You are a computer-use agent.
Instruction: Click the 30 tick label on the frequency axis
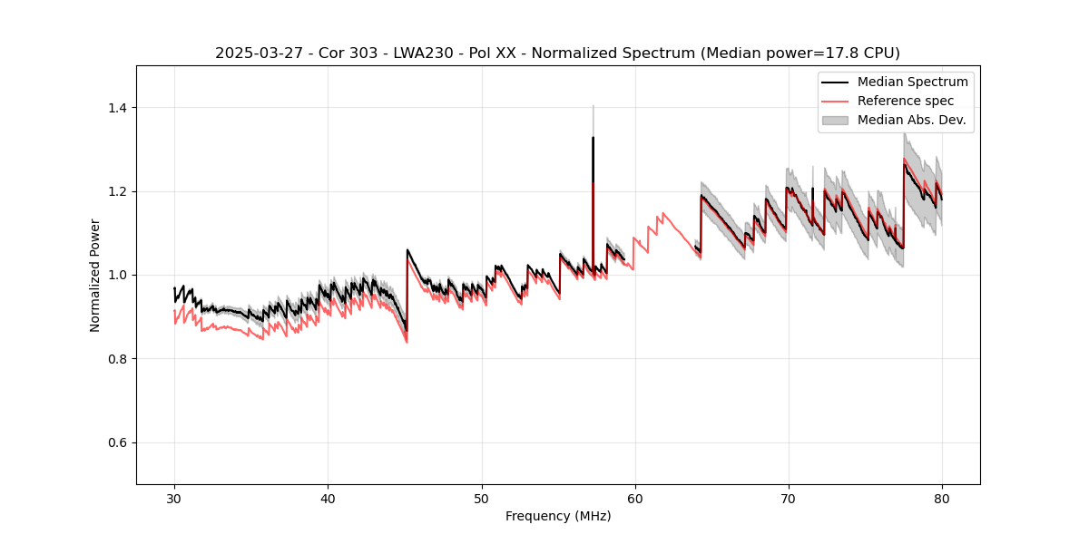click(x=174, y=498)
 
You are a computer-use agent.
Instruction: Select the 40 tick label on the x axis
click(x=328, y=498)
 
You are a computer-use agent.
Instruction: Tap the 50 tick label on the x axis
click(x=481, y=498)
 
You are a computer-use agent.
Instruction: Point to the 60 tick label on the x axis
click(x=635, y=498)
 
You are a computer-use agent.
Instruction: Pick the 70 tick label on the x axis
click(x=789, y=498)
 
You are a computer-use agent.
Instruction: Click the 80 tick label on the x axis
click(x=942, y=498)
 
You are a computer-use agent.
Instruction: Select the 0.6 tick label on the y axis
click(x=117, y=442)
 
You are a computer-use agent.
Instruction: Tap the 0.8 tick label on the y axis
click(x=117, y=359)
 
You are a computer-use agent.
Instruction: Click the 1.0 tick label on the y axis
click(x=117, y=275)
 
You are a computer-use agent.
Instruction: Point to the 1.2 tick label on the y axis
click(x=117, y=191)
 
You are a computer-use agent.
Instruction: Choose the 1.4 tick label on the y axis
click(x=117, y=108)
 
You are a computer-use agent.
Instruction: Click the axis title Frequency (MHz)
click(x=558, y=516)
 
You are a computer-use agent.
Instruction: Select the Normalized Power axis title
click(x=95, y=275)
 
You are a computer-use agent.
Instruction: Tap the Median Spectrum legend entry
click(x=912, y=82)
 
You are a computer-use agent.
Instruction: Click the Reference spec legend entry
click(x=906, y=101)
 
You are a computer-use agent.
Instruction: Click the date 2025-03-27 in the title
click(x=256, y=53)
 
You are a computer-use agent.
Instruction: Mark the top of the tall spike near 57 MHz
click(x=593, y=138)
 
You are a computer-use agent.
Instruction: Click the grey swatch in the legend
click(x=835, y=120)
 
